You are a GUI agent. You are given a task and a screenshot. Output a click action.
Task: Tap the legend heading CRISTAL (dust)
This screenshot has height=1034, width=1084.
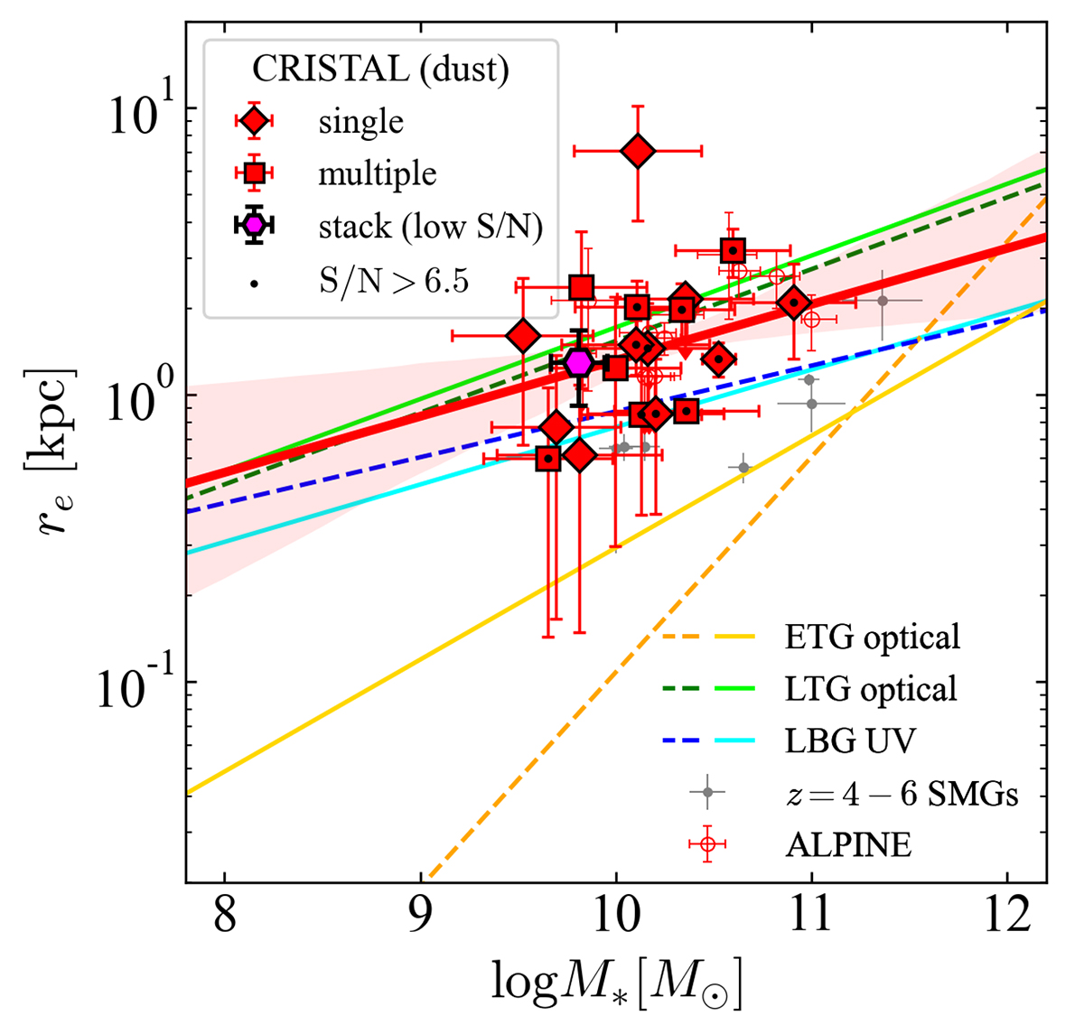tap(380, 69)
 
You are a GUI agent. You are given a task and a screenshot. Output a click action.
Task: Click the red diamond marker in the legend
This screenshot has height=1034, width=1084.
tap(255, 121)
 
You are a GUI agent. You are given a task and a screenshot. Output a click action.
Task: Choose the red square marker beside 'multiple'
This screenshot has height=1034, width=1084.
tap(255, 172)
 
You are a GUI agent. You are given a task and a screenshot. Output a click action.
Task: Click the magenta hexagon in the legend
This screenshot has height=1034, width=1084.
tap(255, 225)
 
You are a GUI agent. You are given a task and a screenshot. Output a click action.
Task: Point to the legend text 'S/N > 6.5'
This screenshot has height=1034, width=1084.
tap(394, 281)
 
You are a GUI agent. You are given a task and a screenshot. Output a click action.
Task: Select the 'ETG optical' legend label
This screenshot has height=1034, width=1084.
tap(872, 638)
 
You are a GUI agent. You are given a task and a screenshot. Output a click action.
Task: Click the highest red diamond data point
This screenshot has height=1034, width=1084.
tap(638, 151)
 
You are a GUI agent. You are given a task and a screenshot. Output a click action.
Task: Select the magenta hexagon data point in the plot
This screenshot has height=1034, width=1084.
tap(579, 362)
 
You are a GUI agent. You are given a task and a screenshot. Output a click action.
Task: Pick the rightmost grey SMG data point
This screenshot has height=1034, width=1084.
tap(883, 300)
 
